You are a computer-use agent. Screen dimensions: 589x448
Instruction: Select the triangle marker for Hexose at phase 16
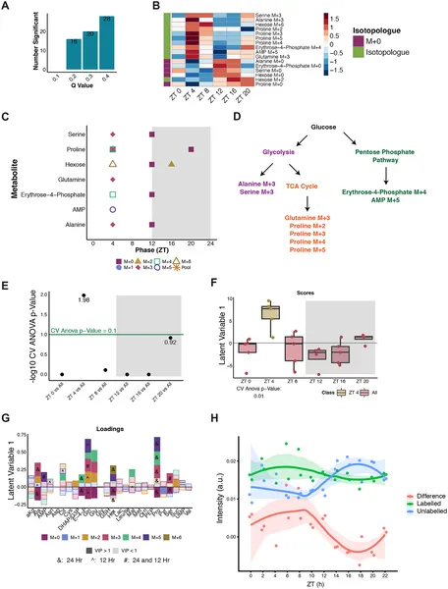(x=171, y=164)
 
